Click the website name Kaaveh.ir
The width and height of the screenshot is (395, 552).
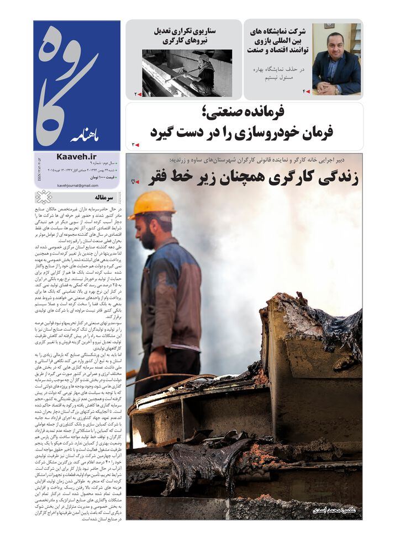point(76,157)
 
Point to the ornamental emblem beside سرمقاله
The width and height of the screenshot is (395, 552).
point(44,197)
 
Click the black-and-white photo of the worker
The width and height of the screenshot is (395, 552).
point(186,73)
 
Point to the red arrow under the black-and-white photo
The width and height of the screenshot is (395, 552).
point(138,94)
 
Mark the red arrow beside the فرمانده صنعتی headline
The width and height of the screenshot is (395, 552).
point(135,145)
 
